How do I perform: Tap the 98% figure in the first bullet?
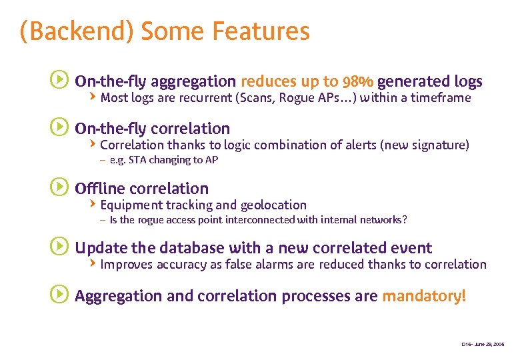[x=357, y=82]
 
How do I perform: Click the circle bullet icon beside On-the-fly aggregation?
[x=59, y=81]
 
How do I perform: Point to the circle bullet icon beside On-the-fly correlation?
[x=59, y=127]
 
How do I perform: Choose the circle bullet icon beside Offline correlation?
[x=59, y=187]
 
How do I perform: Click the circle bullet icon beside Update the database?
[x=59, y=247]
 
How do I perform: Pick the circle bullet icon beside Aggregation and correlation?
[x=59, y=295]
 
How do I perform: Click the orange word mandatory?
[x=424, y=296]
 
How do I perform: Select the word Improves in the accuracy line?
[x=126, y=265]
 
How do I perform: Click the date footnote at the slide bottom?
[x=483, y=344]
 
